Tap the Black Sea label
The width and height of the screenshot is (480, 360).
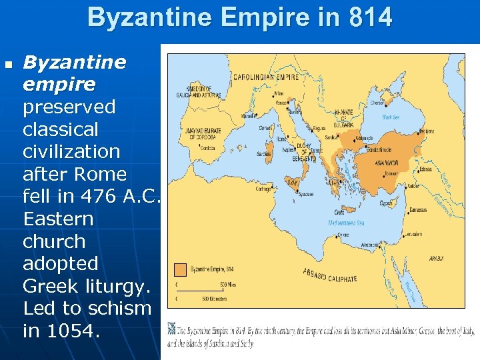tap(391, 117)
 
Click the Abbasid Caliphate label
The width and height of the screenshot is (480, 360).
tap(329, 275)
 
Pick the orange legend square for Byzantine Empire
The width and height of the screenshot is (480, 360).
tap(180, 270)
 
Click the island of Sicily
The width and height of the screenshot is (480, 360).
tap(292, 181)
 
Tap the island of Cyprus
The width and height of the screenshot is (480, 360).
tap(386, 202)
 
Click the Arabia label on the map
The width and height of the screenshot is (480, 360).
tap(436, 257)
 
